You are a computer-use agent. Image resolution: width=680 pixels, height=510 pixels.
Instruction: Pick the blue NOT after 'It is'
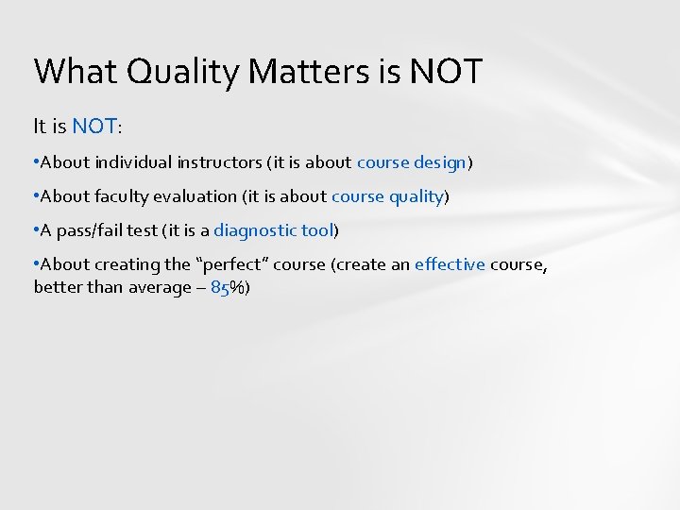coord(95,125)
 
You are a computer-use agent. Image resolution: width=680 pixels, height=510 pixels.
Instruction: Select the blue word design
coord(440,161)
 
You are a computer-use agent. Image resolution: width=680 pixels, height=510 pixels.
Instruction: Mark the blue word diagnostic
coord(253,230)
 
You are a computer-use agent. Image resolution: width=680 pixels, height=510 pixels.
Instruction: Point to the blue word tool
coord(315,230)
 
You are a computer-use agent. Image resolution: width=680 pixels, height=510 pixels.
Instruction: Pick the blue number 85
coord(221,288)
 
